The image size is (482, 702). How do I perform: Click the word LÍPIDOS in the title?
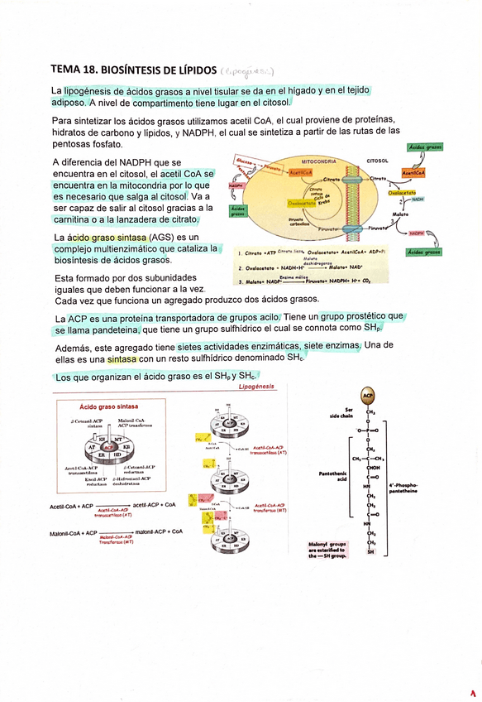pos(190,70)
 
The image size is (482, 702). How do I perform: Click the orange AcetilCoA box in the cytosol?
pos(413,173)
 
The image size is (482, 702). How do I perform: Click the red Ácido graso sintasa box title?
pos(108,407)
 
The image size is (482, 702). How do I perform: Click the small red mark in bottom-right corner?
pos(474,691)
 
